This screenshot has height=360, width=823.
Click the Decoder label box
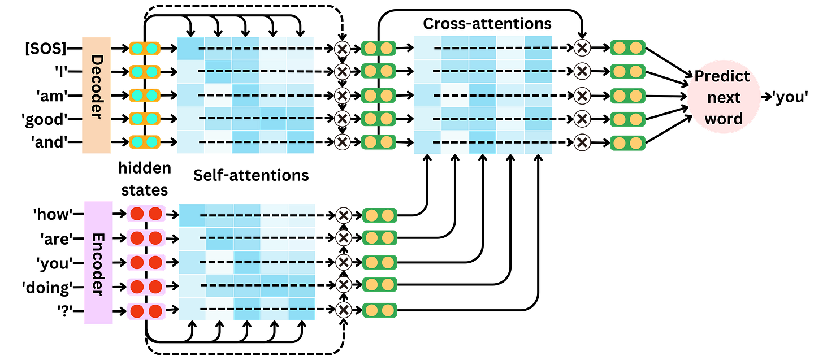point(97,95)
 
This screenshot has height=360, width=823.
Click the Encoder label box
point(98,262)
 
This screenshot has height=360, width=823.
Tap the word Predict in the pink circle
point(722,76)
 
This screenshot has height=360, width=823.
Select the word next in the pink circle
point(724,97)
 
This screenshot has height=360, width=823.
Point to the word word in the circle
point(724,119)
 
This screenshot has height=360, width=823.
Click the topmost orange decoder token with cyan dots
point(145,49)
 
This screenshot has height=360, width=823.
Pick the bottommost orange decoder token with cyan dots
point(145,141)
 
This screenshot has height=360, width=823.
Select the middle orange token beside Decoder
point(145,95)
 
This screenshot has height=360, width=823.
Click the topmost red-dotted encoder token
point(146,214)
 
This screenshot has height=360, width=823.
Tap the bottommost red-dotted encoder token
point(146,311)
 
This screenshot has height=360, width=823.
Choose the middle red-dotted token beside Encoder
point(146,262)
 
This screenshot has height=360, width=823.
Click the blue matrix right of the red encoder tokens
point(246,262)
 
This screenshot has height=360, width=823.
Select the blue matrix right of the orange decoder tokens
point(245,95)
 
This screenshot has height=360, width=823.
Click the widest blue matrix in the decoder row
point(483,95)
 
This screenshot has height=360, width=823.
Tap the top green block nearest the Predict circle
point(627,48)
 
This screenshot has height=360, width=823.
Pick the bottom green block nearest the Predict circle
point(627,142)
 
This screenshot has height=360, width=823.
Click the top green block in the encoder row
point(379,215)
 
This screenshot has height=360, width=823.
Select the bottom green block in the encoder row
point(379,310)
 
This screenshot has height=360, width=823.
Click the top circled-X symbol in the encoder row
point(343,215)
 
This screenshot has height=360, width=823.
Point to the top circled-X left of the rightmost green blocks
point(582,47)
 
